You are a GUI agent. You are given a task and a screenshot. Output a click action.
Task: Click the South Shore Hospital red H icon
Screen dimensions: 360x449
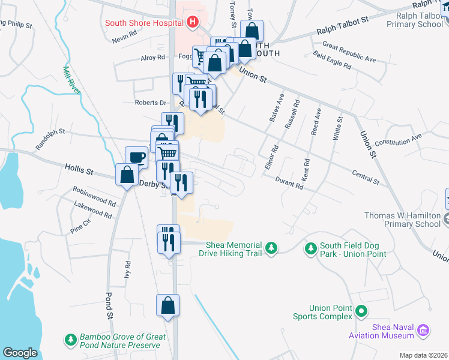point(193,23)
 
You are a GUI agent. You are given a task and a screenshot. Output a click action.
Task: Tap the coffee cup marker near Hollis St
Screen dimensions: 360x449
point(136,157)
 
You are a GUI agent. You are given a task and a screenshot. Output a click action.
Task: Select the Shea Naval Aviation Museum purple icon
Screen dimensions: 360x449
point(423,329)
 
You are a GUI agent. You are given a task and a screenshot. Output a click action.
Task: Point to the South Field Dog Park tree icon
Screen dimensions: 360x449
point(310,248)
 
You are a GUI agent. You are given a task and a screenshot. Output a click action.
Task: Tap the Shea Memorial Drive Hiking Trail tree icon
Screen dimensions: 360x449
point(272,247)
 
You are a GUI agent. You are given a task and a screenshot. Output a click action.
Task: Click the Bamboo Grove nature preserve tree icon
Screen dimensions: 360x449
point(71,340)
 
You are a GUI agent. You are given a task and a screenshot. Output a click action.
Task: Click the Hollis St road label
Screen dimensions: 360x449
point(79,172)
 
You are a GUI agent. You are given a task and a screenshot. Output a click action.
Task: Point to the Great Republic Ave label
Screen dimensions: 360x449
point(349,52)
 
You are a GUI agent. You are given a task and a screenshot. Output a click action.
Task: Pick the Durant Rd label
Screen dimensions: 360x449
point(289,182)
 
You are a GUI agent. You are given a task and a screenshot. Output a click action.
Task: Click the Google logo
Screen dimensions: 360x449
point(20,352)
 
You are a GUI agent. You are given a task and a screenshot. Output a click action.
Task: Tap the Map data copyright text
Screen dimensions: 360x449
point(423,355)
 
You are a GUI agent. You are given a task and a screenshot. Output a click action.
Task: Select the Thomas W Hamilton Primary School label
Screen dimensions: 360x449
point(403,220)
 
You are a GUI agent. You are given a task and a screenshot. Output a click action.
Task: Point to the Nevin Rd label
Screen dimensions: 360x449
point(125,40)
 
